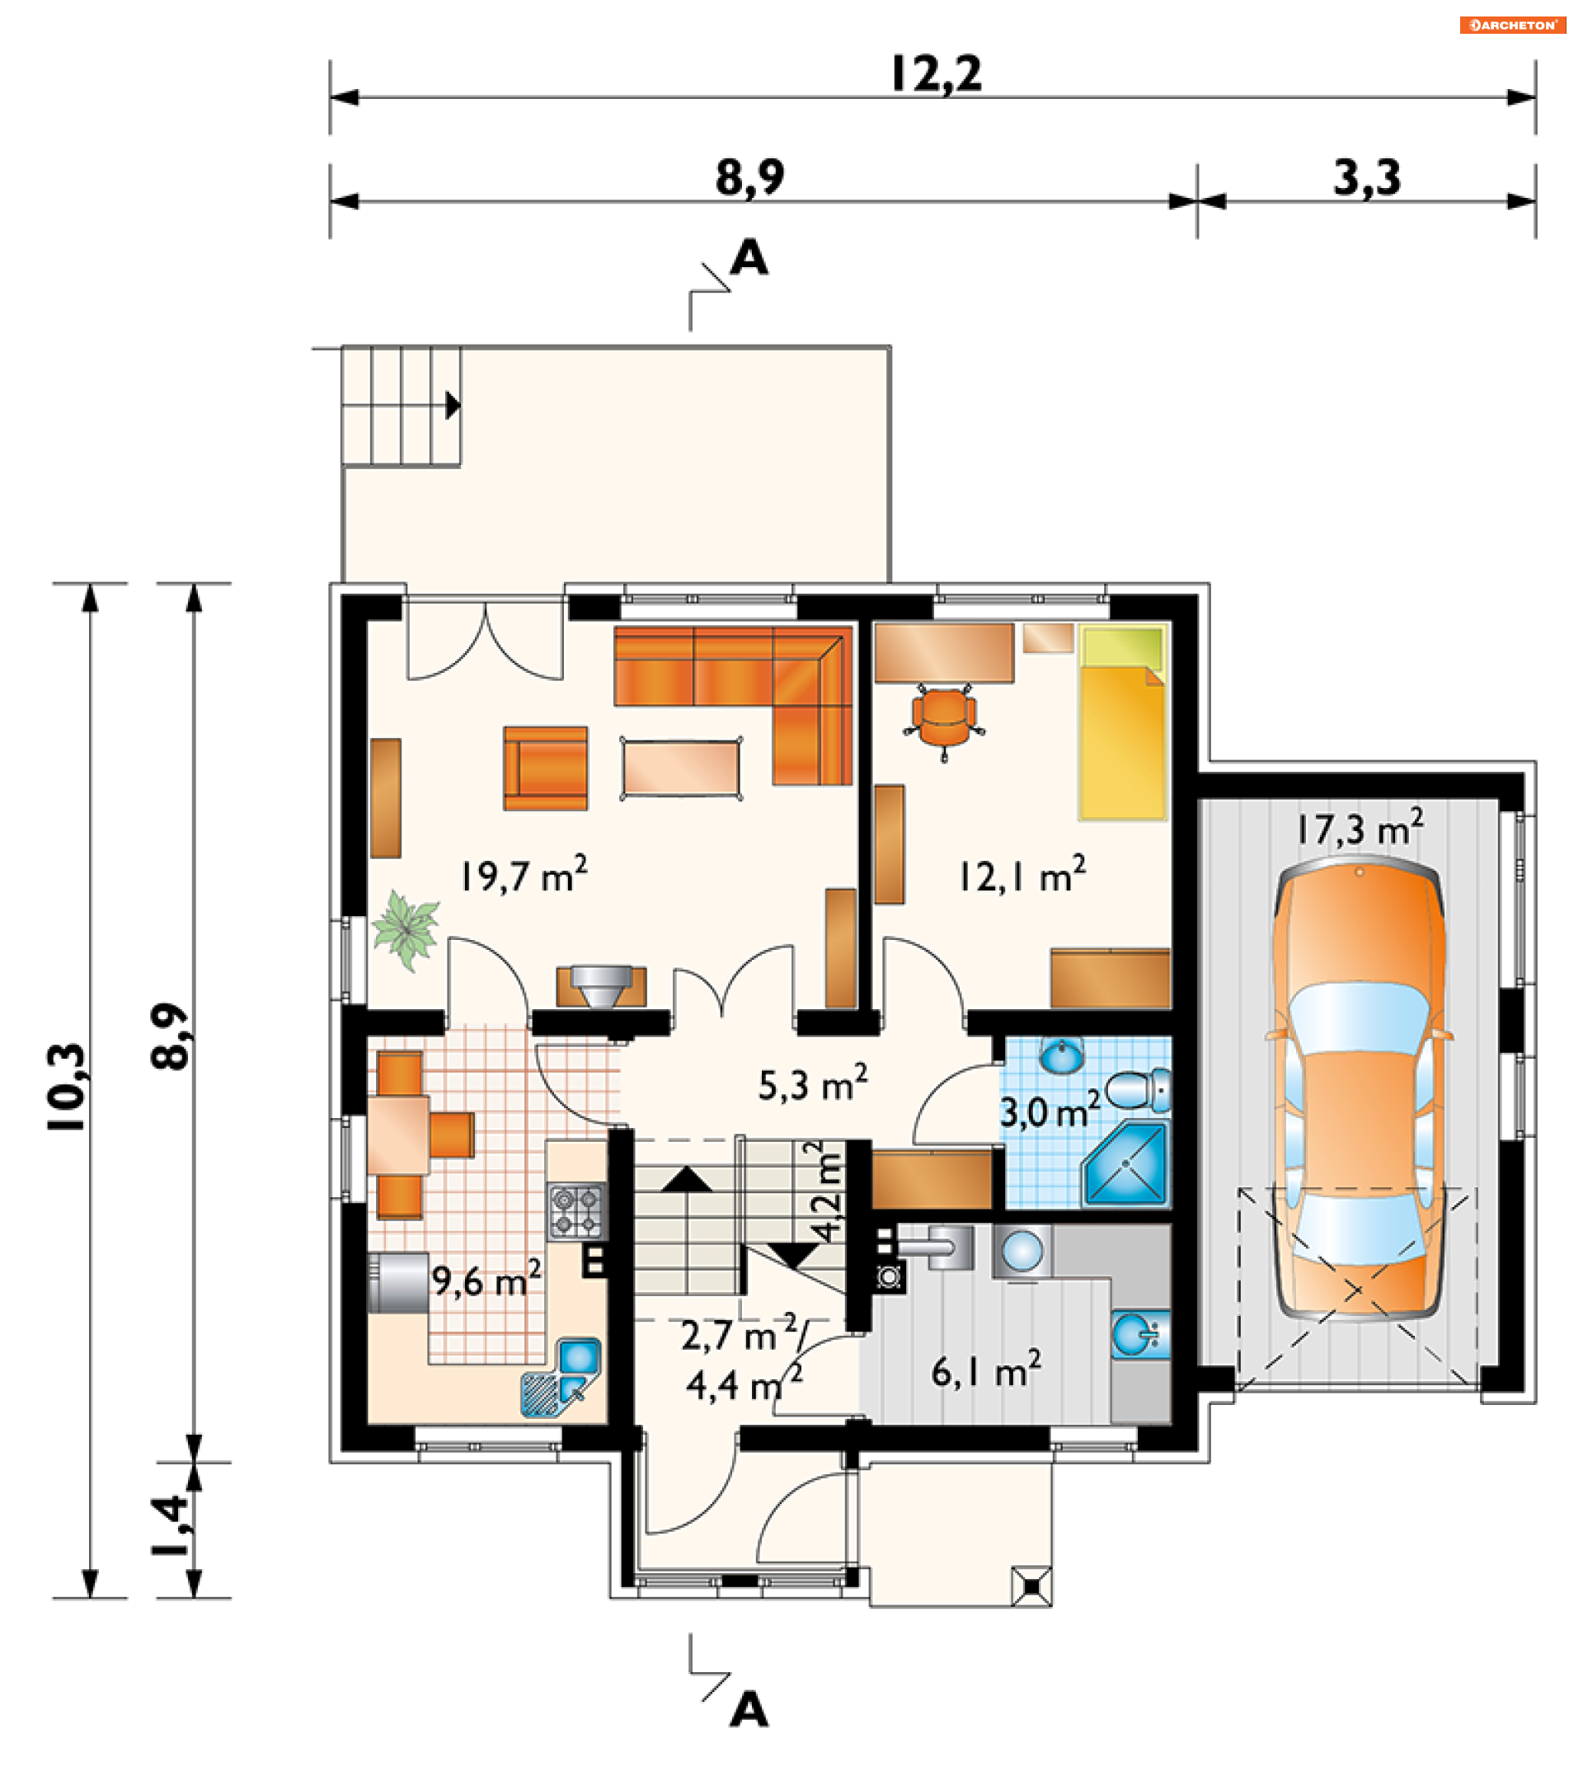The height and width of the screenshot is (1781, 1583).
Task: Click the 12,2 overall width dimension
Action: pyautogui.click(x=937, y=74)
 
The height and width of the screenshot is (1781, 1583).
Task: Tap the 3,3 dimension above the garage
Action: pyautogui.click(x=1367, y=178)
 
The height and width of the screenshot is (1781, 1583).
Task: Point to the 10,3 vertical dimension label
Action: pyautogui.click(x=68, y=1087)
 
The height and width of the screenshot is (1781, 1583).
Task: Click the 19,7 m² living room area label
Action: pyautogui.click(x=524, y=874)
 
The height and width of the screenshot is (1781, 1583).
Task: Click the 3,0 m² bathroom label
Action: pyautogui.click(x=1050, y=1111)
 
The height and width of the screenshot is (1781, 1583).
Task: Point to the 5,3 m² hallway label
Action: pyautogui.click(x=813, y=1083)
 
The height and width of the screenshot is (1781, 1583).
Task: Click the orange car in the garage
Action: pyautogui.click(x=1359, y=1088)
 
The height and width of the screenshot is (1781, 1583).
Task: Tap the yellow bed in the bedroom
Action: pyautogui.click(x=1122, y=721)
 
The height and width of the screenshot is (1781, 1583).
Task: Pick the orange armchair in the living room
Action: pyautogui.click(x=545, y=768)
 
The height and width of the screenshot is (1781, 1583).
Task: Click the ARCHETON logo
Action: pyautogui.click(x=1512, y=25)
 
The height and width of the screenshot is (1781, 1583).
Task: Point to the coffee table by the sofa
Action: pyautogui.click(x=681, y=768)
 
